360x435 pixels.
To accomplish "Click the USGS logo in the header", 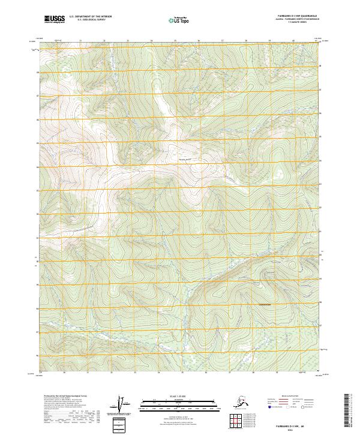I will pos(54,20).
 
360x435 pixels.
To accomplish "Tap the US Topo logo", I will pos(181,20).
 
